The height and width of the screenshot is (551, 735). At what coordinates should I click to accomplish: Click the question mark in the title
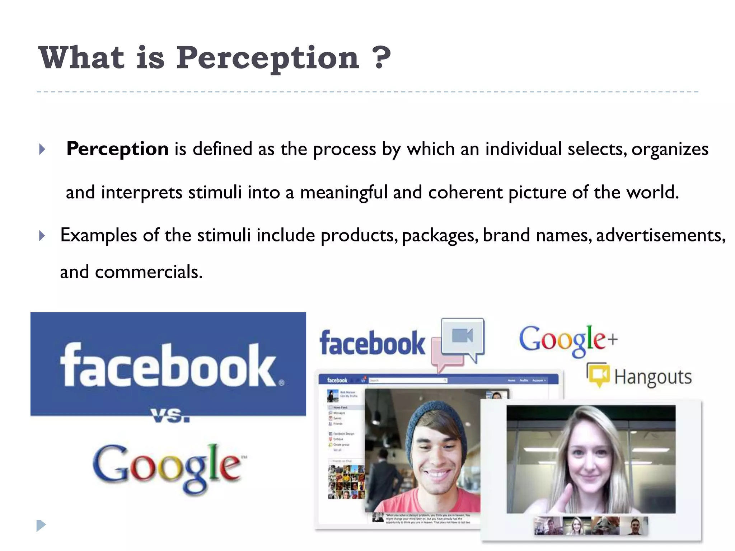coord(381,58)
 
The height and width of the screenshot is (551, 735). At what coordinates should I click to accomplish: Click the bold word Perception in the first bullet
coord(117,149)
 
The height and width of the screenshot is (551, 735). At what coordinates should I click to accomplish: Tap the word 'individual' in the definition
coord(523,149)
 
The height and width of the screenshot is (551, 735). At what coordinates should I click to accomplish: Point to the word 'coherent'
coord(465,192)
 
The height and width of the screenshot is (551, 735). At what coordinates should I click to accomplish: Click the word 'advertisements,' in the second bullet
coord(661,235)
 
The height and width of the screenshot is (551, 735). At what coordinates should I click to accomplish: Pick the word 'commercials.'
coord(149,272)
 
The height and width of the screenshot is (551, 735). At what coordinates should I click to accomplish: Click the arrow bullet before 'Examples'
coord(42,236)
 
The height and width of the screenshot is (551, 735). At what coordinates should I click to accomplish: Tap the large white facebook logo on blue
coord(169,365)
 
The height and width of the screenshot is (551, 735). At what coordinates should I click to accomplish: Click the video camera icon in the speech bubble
coord(463,336)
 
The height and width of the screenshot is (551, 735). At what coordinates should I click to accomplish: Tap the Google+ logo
coord(568,339)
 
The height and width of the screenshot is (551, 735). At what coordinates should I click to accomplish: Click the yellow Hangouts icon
coord(599,375)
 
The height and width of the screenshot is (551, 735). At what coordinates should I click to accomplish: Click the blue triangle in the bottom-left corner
coord(41,526)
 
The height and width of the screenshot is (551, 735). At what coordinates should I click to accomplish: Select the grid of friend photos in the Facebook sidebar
coord(346,482)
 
